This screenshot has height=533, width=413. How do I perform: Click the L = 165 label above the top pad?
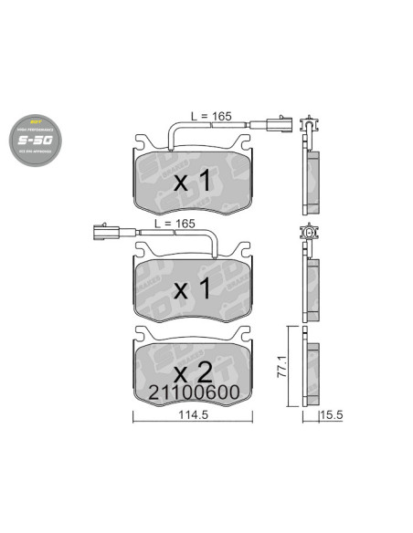coord(211,117)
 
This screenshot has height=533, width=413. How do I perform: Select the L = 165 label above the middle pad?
coord(175,224)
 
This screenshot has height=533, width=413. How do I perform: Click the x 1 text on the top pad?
coord(193,183)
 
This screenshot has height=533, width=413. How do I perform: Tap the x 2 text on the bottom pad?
coord(193,371)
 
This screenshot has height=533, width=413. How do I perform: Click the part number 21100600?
coord(193,392)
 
